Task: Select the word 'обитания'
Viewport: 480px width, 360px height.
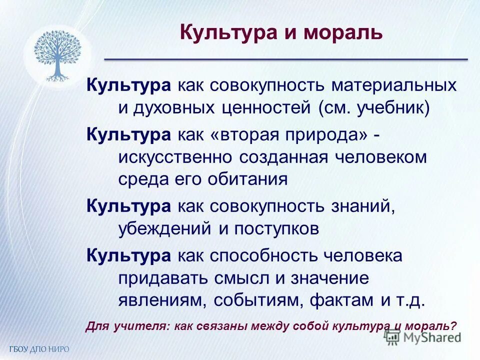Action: click(x=253, y=179)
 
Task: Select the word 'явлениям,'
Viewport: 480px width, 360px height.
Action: click(x=162, y=300)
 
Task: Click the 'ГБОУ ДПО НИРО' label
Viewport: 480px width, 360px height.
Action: click(x=38, y=349)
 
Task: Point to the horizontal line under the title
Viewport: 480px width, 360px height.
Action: click(x=285, y=59)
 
